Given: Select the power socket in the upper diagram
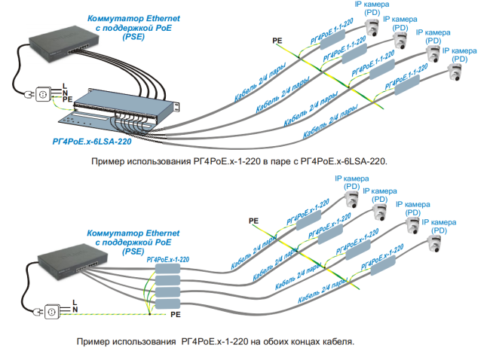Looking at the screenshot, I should (x=42, y=94).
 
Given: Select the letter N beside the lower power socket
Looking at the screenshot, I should (x=74, y=309).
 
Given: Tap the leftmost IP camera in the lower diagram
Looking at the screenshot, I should (x=351, y=200).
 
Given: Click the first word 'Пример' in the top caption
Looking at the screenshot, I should (x=109, y=161).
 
